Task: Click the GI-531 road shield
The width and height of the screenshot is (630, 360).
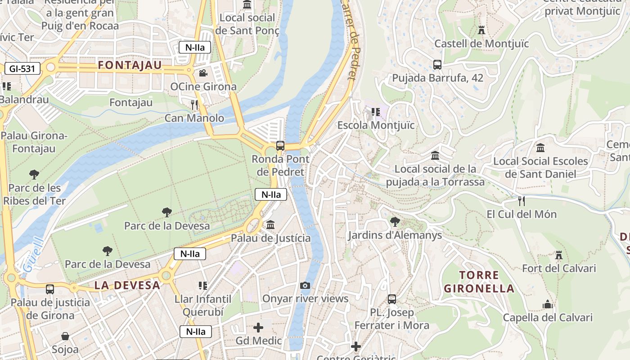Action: coord(22,68)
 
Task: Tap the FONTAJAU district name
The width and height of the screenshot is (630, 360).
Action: coord(130,65)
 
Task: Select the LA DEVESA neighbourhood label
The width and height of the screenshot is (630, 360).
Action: coord(127,285)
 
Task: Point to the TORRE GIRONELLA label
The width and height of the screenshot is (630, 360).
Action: coord(479,282)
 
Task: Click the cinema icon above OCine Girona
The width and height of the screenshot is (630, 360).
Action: coord(203,73)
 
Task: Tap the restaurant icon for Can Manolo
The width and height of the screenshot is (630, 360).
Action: coord(194,105)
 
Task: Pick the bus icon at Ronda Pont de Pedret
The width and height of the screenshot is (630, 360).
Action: coord(280,145)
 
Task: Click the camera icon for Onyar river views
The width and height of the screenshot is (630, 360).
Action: coord(305,285)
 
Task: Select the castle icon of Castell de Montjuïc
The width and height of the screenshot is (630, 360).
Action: coord(481,30)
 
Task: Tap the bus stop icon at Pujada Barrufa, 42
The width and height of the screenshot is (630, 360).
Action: coord(437,64)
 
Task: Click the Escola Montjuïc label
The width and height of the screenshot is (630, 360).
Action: coord(376,125)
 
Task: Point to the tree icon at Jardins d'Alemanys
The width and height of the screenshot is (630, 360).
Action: coord(395,221)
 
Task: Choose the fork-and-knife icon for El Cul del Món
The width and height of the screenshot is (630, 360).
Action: coord(522,201)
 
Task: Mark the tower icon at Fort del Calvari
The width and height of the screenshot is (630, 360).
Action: coord(559,255)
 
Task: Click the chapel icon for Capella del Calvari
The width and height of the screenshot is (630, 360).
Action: coord(548,304)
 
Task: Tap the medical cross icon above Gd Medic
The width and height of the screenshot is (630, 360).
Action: coord(259,327)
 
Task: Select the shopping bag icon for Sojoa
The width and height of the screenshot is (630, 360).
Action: coord(65,336)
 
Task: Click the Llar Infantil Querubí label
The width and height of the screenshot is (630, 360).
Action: coord(203,306)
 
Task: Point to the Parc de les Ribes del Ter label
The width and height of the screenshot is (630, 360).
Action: coord(35,194)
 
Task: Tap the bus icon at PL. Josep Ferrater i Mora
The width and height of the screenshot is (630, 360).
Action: coord(392,299)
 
